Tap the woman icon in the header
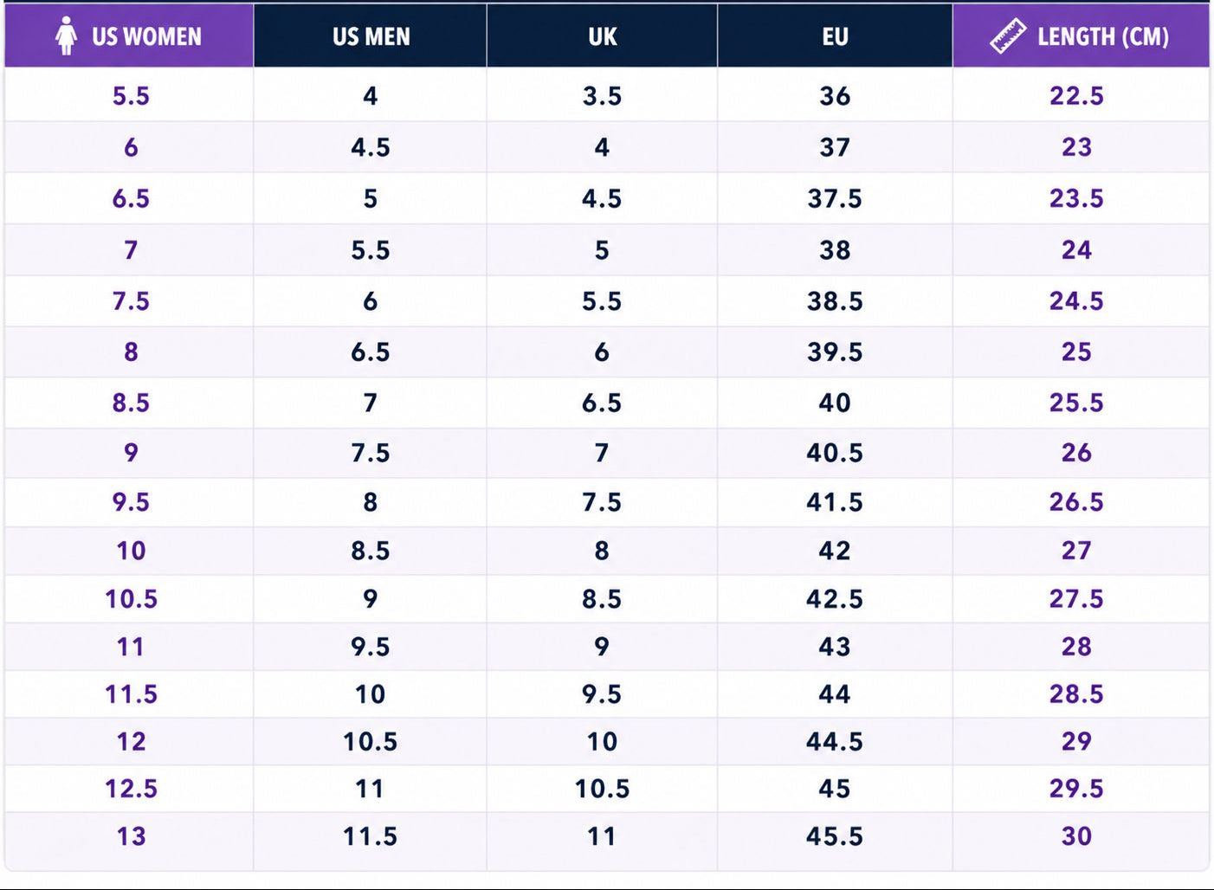[x=66, y=35]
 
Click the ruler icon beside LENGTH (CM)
[x=1008, y=36]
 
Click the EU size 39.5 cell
[x=835, y=352]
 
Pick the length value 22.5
[x=1076, y=96]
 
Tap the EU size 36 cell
[x=835, y=96]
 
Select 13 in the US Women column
[x=131, y=835]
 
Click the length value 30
[x=1076, y=835]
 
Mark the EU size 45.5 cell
[x=835, y=835]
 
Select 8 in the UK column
[x=602, y=551]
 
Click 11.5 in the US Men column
[x=370, y=835]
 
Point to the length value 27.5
[x=1076, y=599]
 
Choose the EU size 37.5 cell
[x=835, y=198]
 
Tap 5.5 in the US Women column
[x=131, y=96]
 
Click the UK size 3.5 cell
[x=602, y=96]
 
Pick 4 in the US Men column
[x=370, y=96]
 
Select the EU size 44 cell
[x=835, y=693]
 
